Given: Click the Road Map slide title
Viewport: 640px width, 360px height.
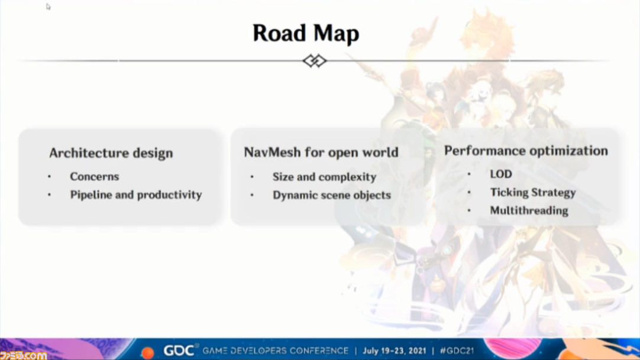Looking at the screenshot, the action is (x=306, y=34).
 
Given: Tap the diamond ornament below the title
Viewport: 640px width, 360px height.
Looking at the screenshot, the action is (x=315, y=61).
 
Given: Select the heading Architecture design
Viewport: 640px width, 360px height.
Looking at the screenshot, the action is (x=111, y=153).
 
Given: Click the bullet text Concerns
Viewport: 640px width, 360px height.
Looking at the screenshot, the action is (x=94, y=177).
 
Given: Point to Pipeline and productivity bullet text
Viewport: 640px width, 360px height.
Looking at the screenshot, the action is (x=136, y=195).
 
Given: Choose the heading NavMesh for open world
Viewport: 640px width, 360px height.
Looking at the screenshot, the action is (x=321, y=152).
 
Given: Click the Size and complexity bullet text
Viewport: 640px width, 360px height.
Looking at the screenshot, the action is (x=325, y=177).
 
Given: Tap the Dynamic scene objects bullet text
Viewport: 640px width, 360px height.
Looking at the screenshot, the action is (x=332, y=195).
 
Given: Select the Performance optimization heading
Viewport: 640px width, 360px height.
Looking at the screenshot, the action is (x=526, y=151).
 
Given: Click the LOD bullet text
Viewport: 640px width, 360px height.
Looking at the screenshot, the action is (x=501, y=174).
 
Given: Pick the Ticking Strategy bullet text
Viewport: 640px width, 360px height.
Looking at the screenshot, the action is (x=533, y=193).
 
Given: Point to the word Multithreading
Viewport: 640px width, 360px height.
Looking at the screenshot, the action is (x=529, y=210).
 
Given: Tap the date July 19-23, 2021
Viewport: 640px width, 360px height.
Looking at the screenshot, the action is (x=395, y=351).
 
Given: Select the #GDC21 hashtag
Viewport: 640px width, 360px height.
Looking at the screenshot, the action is (x=457, y=351).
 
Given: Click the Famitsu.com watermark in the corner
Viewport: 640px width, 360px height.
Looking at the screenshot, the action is (x=23, y=355).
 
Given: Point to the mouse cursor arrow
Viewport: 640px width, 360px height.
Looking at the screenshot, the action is (x=48, y=7).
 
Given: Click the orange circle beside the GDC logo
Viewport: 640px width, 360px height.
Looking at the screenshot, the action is (x=148, y=353).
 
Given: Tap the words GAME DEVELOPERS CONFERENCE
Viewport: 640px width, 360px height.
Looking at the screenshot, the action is (x=276, y=351).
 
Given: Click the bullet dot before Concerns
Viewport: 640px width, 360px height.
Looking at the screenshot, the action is (x=49, y=177).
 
